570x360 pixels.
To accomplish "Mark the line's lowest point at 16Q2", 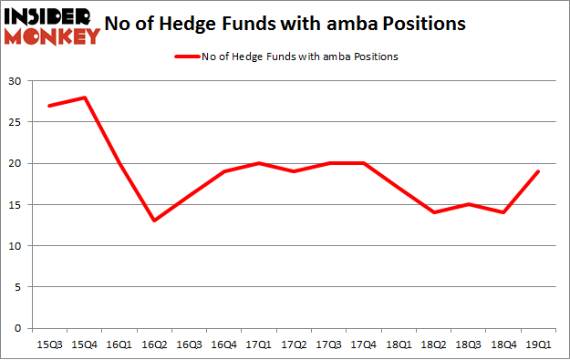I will (x=152, y=221).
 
